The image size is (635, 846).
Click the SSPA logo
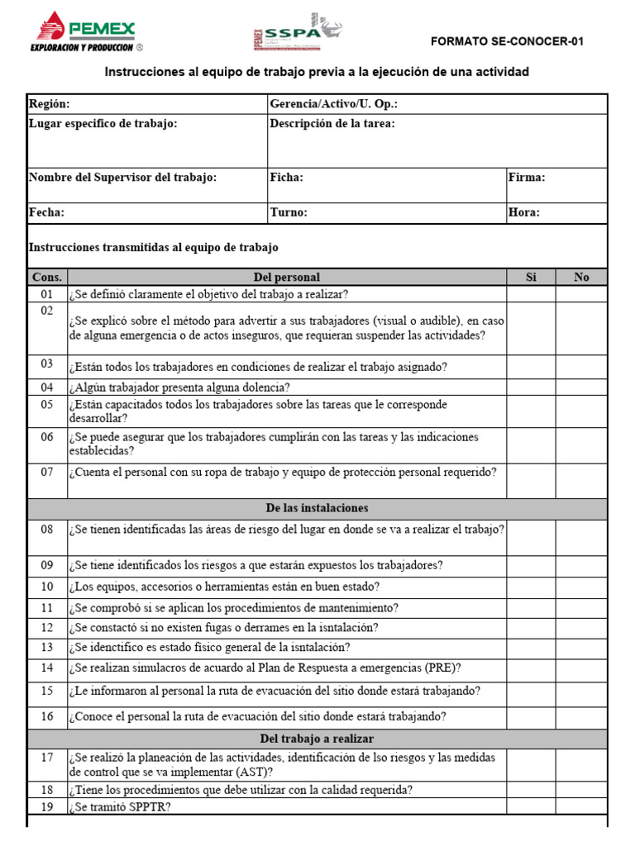pyautogui.click(x=297, y=32)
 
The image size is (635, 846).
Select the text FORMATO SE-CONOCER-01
pyautogui.click(x=508, y=42)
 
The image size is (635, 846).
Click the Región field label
pyautogui.click(x=50, y=104)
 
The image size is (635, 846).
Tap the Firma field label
pyautogui.click(x=527, y=178)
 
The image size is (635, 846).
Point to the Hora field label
pyautogui.click(x=524, y=212)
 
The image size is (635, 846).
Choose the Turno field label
pyautogui.click(x=289, y=212)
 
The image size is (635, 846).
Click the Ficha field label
pyautogui.click(x=287, y=178)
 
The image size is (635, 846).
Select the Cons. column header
pyautogui.click(x=47, y=278)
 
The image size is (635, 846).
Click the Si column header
pyautogui.click(x=530, y=278)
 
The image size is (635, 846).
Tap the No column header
pyautogui.click(x=581, y=278)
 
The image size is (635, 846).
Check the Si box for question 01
pyautogui.click(x=530, y=294)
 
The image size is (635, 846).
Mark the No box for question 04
pyautogui.click(x=581, y=387)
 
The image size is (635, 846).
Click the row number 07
pyautogui.click(x=47, y=473)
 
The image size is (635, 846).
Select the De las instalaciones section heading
pyautogui.click(x=317, y=508)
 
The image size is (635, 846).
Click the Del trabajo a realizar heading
pyautogui.click(x=317, y=739)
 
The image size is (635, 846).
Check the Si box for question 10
pyautogui.click(x=530, y=587)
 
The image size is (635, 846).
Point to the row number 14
pyautogui.click(x=47, y=668)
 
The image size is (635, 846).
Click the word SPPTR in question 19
pyautogui.click(x=147, y=807)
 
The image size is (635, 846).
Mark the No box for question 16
pyautogui.click(x=581, y=716)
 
